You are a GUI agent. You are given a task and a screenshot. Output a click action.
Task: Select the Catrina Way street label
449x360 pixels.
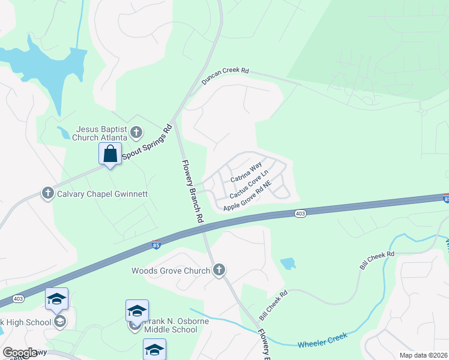(246, 170)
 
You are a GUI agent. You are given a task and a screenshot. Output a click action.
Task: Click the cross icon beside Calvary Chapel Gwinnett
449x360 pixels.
(48, 193)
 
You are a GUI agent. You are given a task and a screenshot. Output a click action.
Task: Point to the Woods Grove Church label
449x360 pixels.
(170, 271)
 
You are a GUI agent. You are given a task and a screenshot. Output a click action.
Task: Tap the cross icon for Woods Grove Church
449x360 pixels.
(219, 270)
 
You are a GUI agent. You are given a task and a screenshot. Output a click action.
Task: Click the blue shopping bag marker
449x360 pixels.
(110, 154)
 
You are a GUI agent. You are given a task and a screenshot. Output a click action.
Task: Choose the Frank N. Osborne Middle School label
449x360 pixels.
(170, 325)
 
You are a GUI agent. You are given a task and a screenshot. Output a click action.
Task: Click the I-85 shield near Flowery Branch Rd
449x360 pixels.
(156, 245)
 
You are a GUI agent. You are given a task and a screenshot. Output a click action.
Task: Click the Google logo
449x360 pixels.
(20, 353)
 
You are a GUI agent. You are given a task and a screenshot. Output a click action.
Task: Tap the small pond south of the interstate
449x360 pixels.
(288, 263)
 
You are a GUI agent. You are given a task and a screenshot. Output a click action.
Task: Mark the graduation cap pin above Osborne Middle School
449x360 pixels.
(137, 311)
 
